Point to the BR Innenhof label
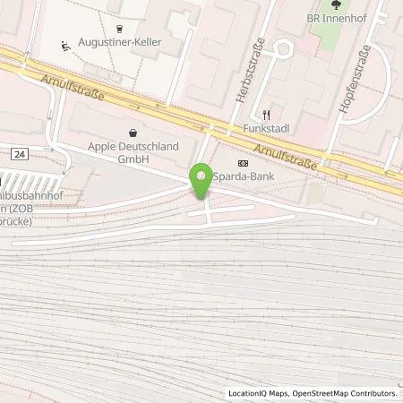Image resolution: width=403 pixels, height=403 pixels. pyautogui.click(x=335, y=18)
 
